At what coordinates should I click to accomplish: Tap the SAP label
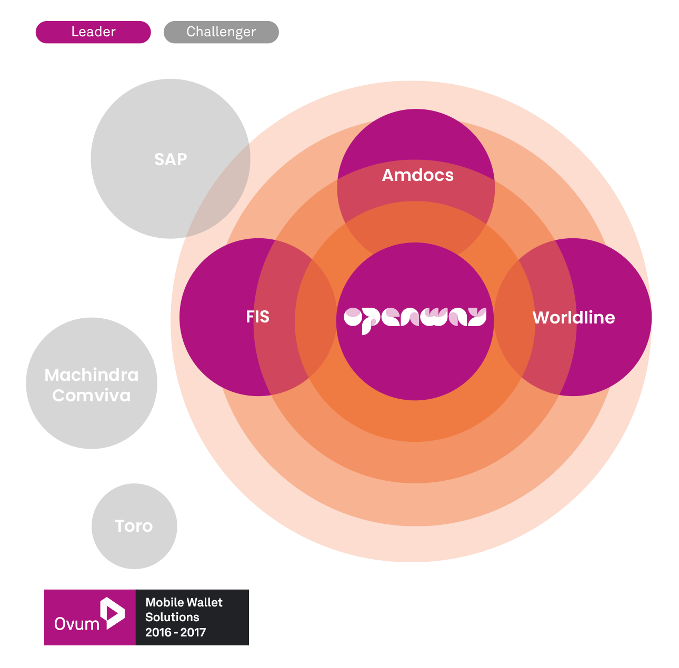point(171,159)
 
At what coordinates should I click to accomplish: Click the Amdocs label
point(417,175)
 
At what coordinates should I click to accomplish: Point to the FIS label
point(257,317)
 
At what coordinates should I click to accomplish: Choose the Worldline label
point(574,318)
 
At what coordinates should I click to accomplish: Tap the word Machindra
point(92,375)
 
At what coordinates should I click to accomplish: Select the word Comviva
point(92,396)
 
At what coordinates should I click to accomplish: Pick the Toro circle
point(134,526)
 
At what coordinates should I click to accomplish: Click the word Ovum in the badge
point(77,624)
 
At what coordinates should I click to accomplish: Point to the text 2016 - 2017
point(175,632)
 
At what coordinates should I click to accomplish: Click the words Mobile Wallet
point(184,602)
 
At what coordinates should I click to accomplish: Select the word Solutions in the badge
point(172,617)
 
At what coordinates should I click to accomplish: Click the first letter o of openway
point(353,317)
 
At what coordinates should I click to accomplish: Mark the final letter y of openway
point(477,317)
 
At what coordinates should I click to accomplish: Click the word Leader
point(93,32)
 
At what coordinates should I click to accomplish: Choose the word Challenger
point(221,32)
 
